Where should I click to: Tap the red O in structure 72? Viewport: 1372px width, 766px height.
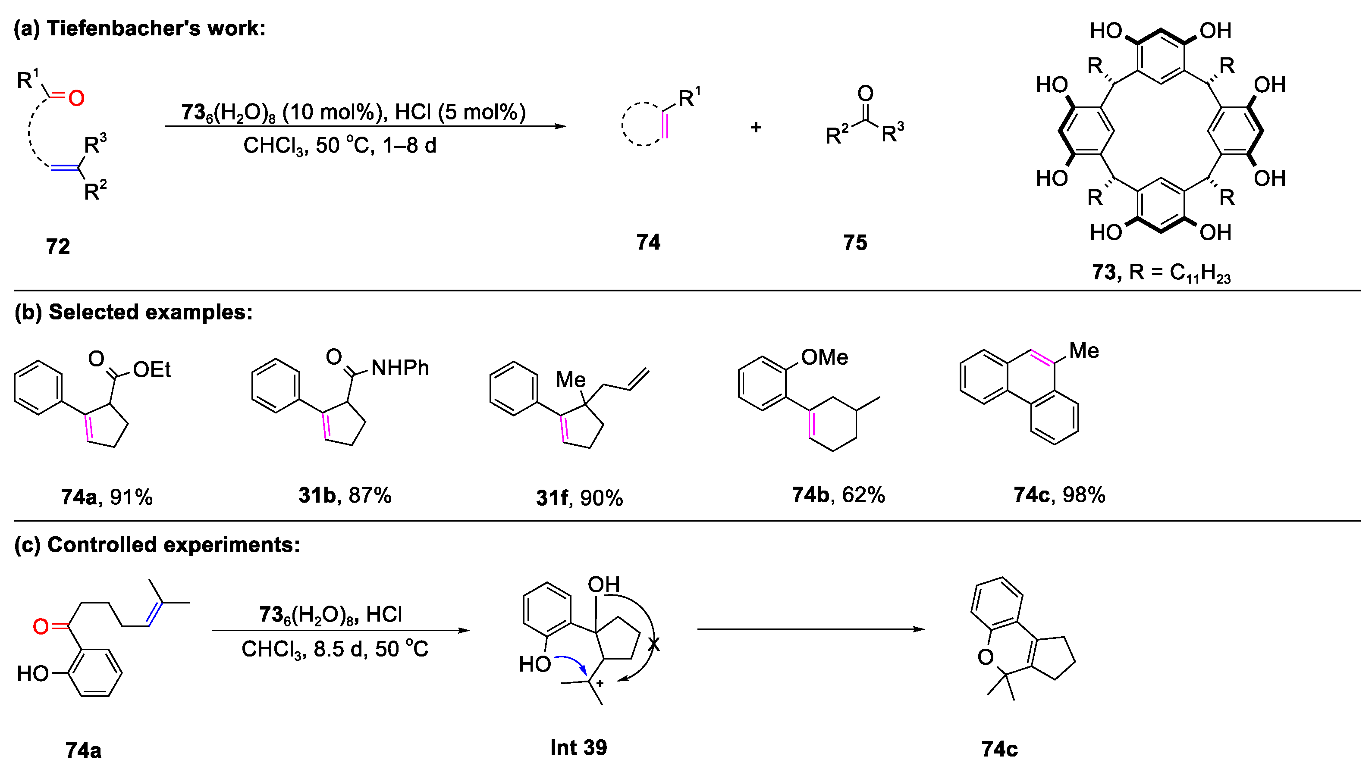[x=76, y=98]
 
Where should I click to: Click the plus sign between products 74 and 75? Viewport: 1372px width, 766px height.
[x=755, y=127]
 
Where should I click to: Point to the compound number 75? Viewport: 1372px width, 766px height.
[x=855, y=243]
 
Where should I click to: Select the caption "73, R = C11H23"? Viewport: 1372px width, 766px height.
[x=1161, y=272]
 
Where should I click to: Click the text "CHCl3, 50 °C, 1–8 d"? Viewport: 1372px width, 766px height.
[x=340, y=145]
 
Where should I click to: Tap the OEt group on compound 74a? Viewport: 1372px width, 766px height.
[x=152, y=369]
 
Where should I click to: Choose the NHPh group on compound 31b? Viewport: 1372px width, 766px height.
[x=399, y=367]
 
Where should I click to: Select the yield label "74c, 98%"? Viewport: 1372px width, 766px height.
[x=1059, y=495]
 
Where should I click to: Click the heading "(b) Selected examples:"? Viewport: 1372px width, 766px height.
[x=133, y=312]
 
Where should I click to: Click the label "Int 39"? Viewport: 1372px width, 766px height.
[x=578, y=748]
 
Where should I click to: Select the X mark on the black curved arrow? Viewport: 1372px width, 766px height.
[x=654, y=644]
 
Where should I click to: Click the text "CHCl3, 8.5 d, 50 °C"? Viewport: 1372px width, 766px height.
[x=334, y=649]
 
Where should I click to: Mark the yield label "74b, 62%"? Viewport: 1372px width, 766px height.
[x=838, y=495]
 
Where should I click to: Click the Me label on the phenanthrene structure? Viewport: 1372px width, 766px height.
[x=1083, y=351]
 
